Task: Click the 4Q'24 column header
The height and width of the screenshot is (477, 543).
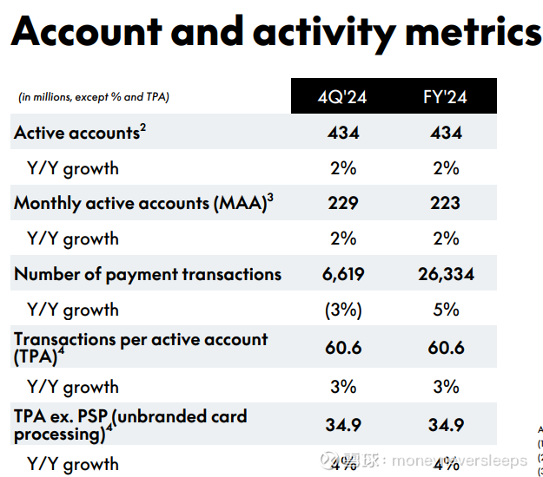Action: [343, 97]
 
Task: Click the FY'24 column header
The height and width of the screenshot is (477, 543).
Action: [446, 97]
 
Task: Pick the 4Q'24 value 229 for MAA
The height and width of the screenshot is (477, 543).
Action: [343, 204]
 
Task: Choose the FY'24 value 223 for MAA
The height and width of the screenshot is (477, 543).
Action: [446, 204]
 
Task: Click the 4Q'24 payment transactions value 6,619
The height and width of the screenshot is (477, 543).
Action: [343, 275]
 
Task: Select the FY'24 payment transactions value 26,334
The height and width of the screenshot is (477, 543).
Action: [446, 275]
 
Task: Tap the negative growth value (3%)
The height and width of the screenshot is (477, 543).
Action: [343, 310]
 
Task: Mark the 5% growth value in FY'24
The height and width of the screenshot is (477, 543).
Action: [446, 310]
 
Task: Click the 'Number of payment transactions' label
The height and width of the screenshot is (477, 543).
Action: [148, 275]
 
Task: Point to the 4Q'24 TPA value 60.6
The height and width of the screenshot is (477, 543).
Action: [343, 348]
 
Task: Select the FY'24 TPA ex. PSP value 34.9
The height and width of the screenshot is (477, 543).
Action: [446, 425]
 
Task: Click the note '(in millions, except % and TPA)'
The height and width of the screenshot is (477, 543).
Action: [94, 97]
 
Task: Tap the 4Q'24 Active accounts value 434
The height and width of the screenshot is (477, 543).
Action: [343, 133]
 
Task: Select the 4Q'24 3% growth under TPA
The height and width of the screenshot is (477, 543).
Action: [343, 387]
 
